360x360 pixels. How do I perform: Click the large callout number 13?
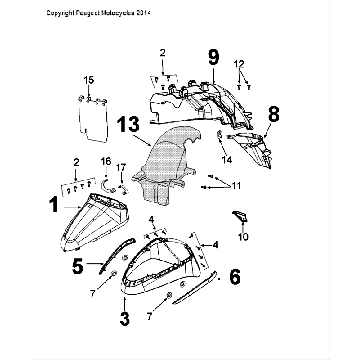pos(128,124)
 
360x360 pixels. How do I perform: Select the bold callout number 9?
pos(214,57)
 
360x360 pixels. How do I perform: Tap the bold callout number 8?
pos(273,114)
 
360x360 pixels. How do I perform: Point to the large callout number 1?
pos(54,205)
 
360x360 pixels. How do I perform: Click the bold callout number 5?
pos(78,266)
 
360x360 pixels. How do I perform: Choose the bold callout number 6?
pos(235,277)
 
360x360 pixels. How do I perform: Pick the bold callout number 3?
pos(124,318)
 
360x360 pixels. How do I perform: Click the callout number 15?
pos(89,80)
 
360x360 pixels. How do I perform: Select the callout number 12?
pos(240,64)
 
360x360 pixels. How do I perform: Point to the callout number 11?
pos(236,185)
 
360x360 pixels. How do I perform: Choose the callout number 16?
pos(106,162)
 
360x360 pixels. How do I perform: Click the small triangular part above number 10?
pos(240,216)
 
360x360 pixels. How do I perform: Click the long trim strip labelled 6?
pos(195,288)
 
